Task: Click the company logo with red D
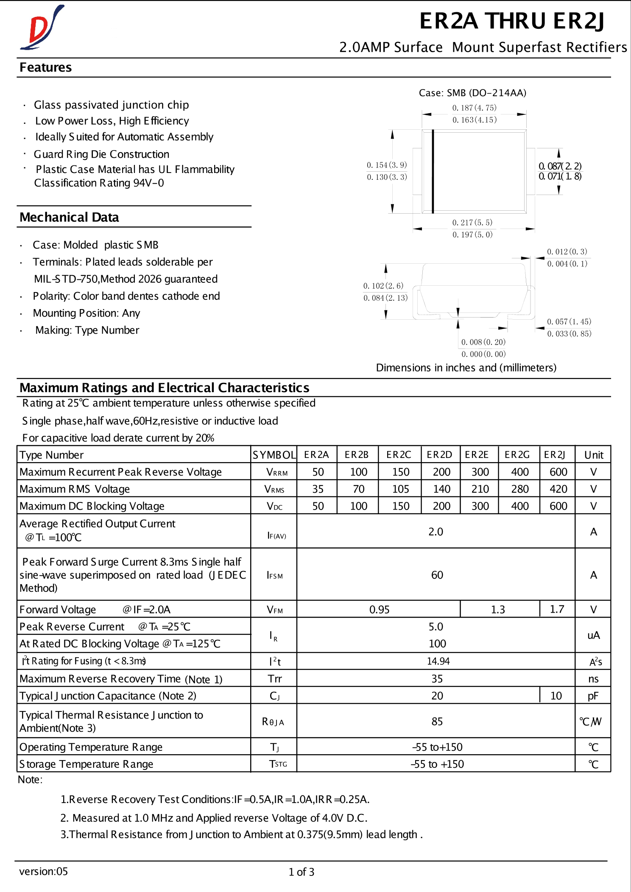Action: pyautogui.click(x=42, y=28)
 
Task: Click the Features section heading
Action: pyautogui.click(x=45, y=67)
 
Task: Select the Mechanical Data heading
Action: pyautogui.click(x=69, y=217)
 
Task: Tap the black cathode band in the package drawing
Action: pyautogui.click(x=433, y=171)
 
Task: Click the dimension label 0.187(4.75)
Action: pyautogui.click(x=474, y=108)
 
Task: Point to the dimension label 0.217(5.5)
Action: pyautogui.click(x=472, y=223)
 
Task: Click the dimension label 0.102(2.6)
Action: pyautogui.click(x=383, y=286)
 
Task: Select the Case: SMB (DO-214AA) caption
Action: pyautogui.click(x=472, y=93)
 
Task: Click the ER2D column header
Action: pyautogui.click(x=439, y=455)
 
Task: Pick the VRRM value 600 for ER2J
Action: pyautogui.click(x=558, y=472)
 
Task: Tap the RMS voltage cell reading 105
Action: pyautogui.click(x=400, y=489)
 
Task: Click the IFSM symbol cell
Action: pyautogui.click(x=274, y=575)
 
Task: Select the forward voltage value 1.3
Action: pyautogui.click(x=498, y=610)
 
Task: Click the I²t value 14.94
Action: pyautogui.click(x=438, y=661)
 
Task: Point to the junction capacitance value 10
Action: pyautogui.click(x=556, y=696)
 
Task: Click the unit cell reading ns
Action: pyautogui.click(x=593, y=679)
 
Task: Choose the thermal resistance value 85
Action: pyautogui.click(x=437, y=722)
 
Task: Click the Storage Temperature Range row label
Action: pyautogui.click(x=86, y=764)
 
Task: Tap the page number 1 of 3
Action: pyautogui.click(x=301, y=872)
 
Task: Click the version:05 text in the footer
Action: pyautogui.click(x=43, y=872)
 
